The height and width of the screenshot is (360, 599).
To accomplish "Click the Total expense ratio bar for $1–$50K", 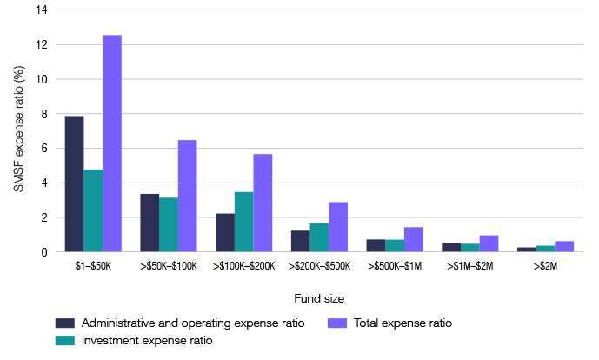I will tap(112, 143).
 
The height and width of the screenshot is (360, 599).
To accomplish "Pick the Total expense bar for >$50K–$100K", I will tap(187, 197).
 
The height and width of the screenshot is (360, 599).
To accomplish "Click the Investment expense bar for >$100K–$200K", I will tap(243, 222).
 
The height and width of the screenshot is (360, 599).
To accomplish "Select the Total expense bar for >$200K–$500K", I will tap(337, 227).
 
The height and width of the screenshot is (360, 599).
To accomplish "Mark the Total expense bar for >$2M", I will tap(563, 247).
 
